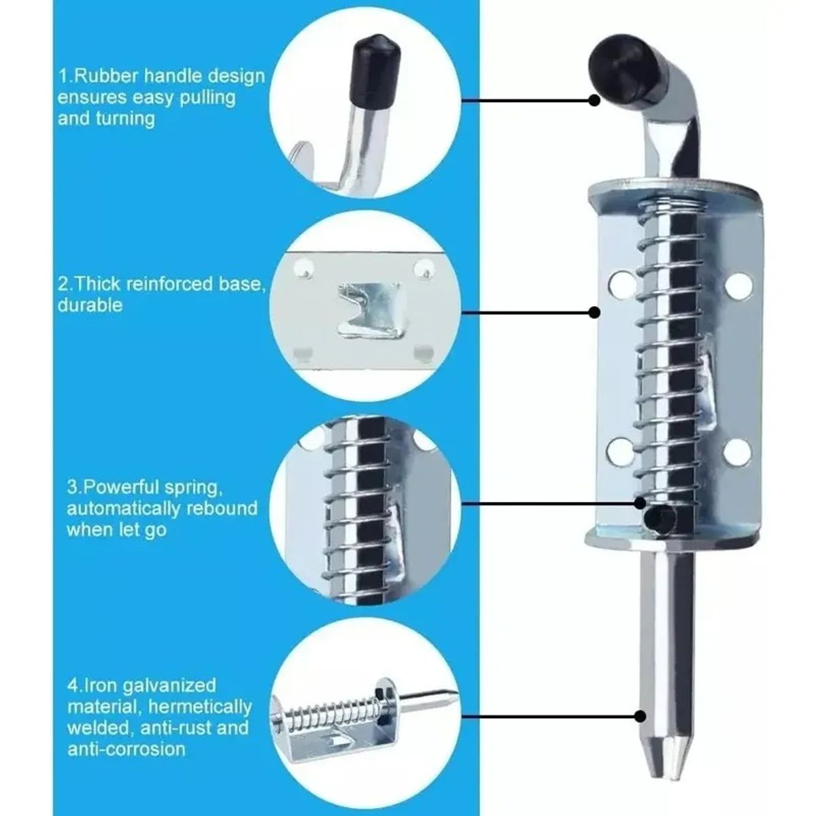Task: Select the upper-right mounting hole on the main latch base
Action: (x=741, y=286)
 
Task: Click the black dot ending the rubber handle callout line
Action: (x=595, y=101)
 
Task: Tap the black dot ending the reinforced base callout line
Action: (x=595, y=313)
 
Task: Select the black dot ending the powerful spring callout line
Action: (x=641, y=503)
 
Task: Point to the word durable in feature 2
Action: (x=90, y=305)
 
